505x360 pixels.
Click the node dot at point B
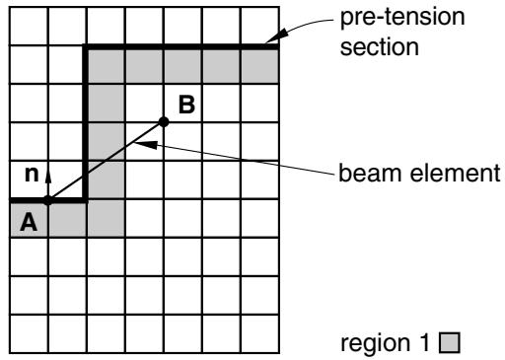164,122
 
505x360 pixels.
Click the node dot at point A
48,200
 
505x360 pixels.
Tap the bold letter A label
29,222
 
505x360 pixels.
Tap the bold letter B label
186,105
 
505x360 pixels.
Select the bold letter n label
32,174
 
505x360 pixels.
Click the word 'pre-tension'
402,17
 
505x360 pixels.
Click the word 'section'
380,47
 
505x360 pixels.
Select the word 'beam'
371,173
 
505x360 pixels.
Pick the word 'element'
456,173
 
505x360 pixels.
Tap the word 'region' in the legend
376,343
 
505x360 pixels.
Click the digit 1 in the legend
425,342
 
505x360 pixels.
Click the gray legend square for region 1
450,342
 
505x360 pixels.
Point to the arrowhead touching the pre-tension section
275,36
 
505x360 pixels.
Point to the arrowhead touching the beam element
145,144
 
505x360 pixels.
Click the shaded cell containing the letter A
29,218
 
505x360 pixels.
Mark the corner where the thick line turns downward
86,46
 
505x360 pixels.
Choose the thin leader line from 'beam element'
236,158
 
